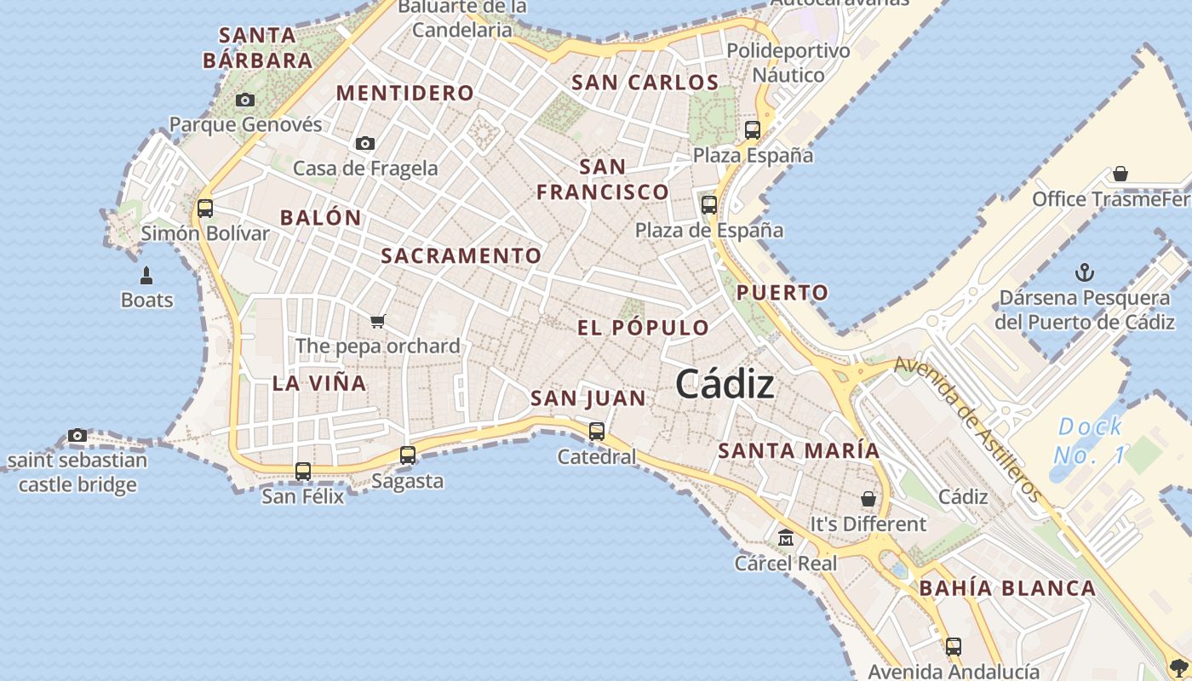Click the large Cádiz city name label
click(725, 385)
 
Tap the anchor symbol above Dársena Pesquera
click(1085, 272)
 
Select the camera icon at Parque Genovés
click(245, 100)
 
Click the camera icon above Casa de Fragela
click(365, 143)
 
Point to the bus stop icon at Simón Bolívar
click(204, 208)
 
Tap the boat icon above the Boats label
click(146, 276)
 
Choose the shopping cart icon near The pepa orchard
click(378, 321)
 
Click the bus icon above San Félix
click(302, 471)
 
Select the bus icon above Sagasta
click(408, 455)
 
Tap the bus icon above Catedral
click(597, 432)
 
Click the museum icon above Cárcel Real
click(785, 538)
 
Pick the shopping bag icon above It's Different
click(868, 499)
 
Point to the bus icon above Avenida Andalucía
click(954, 647)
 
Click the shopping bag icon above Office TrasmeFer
click(1120, 174)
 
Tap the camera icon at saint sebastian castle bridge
click(77, 436)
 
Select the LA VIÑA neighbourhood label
click(319, 383)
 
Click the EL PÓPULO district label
click(643, 328)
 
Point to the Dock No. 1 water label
click(1090, 441)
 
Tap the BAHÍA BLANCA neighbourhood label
click(1007, 588)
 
